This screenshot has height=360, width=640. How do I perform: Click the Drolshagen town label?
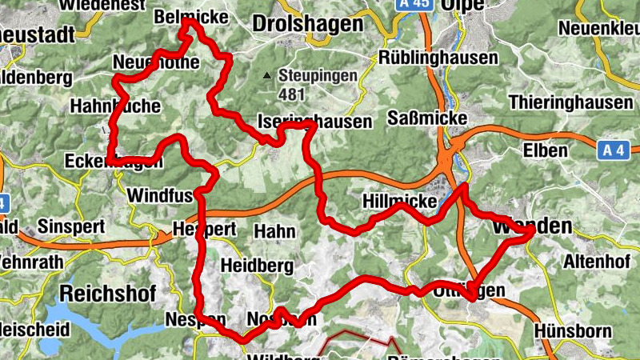306,24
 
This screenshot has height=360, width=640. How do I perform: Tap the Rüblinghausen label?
438,58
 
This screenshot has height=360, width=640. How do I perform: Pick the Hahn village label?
274,231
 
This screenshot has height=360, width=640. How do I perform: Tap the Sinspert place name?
70,226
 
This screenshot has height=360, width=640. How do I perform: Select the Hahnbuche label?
115,106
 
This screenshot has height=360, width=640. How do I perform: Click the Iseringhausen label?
314,122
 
